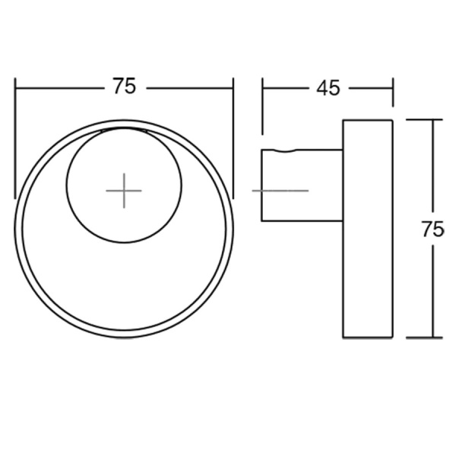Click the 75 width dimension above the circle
tap(124, 87)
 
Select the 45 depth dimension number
tap(328, 88)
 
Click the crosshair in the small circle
tap(124, 190)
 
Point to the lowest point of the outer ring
tap(124, 338)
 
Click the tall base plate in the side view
tap(368, 229)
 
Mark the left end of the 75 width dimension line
tap(15, 87)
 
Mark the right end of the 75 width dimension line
tap(233, 87)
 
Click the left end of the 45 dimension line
tap(262, 88)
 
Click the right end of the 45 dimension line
tap(393, 88)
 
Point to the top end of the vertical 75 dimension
tap(432, 120)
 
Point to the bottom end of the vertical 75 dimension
tap(432, 337)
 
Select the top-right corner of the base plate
tap(393, 120)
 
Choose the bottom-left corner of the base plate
tap(344, 337)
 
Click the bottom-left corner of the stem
tap(262, 221)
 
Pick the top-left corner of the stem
tap(262, 150)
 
